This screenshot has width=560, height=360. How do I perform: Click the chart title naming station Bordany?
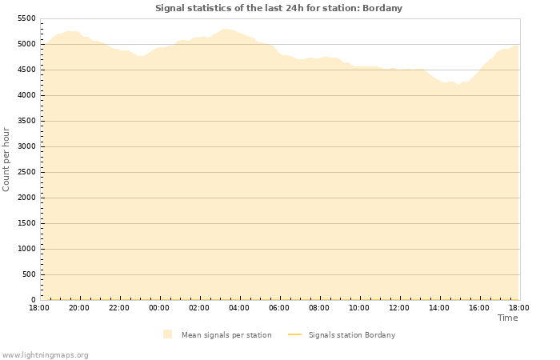278,8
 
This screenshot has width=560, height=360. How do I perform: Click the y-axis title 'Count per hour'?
6,158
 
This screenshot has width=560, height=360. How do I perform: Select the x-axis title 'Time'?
507,318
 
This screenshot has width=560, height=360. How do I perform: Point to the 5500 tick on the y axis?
26,18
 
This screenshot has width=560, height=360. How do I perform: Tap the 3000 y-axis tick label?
26,146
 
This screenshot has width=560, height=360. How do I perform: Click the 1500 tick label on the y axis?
26,223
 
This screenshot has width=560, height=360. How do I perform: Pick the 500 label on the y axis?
29,274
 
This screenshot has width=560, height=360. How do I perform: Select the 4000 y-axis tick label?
26,95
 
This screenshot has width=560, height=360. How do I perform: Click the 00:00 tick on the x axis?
159,307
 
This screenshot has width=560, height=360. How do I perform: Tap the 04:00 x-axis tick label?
239,307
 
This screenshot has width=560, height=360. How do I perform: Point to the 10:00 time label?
359,307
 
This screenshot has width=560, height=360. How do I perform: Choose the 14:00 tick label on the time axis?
439,307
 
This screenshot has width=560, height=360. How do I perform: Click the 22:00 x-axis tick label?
119,307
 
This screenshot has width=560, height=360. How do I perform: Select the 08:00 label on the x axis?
319,307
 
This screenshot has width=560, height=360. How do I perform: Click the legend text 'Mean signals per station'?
226,335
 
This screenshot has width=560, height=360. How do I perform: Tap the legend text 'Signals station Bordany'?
352,335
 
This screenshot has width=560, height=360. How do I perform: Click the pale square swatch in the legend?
167,334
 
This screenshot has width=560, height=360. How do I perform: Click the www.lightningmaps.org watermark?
45,354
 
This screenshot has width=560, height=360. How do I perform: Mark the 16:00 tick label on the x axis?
479,307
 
